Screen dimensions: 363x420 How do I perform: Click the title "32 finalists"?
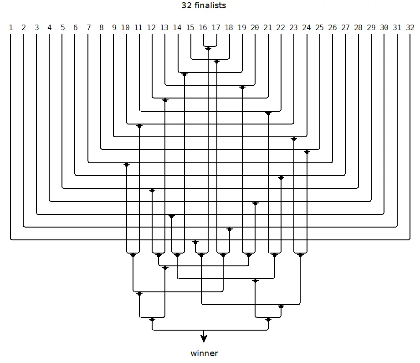204,6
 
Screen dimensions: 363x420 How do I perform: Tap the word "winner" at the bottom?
204,353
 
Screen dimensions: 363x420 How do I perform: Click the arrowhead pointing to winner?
204,338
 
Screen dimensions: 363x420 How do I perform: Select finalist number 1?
10,28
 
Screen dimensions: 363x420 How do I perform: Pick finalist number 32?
410,28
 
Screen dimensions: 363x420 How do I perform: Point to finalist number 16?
203,28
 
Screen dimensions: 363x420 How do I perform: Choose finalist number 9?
114,28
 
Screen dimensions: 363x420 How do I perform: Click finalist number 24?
307,28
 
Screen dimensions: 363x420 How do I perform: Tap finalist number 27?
345,28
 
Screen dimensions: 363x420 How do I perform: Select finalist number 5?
62,28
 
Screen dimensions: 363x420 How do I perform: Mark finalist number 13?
164,28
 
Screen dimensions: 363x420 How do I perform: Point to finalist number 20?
255,28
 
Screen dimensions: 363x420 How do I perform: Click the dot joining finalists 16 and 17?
208,49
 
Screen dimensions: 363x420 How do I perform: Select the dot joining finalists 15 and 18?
216,62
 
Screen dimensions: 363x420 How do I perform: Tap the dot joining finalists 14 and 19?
184,74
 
